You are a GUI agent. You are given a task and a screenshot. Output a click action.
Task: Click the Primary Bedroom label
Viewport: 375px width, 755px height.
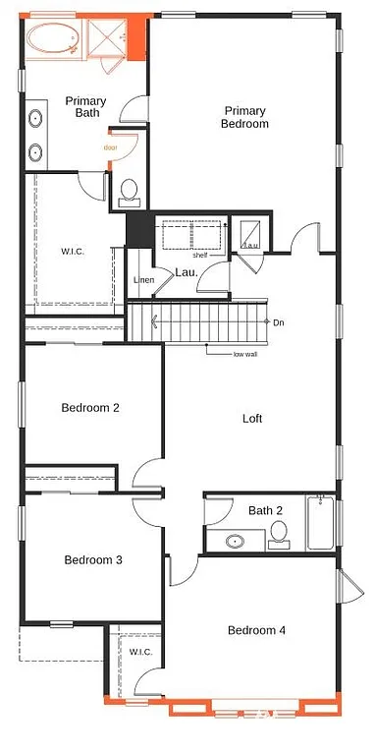click(244, 117)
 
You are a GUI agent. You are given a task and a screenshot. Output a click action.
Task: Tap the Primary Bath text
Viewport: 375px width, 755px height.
click(86, 107)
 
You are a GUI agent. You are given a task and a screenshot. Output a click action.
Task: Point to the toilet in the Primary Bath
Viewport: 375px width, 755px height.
click(129, 192)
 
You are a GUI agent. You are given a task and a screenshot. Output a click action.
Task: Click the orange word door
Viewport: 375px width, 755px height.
click(111, 147)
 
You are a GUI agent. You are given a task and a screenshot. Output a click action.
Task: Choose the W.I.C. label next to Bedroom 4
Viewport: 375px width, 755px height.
click(138, 652)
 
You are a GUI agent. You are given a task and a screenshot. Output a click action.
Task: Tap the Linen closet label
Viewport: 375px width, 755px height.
click(143, 281)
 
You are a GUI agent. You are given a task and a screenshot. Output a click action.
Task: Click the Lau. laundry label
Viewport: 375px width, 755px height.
click(187, 272)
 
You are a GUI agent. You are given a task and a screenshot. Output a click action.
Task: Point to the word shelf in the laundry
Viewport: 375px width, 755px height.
click(200, 255)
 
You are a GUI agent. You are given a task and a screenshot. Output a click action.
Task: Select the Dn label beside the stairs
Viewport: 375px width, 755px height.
click(279, 321)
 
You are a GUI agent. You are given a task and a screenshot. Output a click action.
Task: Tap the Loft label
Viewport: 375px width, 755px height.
click(252, 418)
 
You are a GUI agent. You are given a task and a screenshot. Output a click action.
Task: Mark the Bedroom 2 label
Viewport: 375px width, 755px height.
click(90, 407)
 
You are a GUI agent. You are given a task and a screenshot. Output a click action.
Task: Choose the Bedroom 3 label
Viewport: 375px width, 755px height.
click(92, 559)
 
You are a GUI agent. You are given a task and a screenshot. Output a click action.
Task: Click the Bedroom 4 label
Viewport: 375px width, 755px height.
click(256, 630)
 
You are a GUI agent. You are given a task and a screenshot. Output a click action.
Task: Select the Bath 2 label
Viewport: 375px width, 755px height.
click(265, 510)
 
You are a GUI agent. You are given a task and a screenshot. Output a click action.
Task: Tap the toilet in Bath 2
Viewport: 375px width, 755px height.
click(279, 534)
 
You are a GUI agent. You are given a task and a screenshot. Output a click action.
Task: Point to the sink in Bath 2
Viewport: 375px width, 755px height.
click(236, 541)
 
